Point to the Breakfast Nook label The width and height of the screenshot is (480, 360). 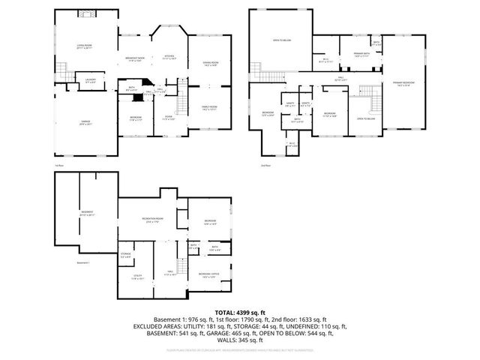coord(136,58)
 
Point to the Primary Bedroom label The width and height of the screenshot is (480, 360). coord(403,83)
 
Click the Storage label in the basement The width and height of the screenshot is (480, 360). coord(126,256)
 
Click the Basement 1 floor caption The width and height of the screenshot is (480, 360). coord(82,263)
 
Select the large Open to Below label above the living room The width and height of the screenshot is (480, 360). coord(281,40)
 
